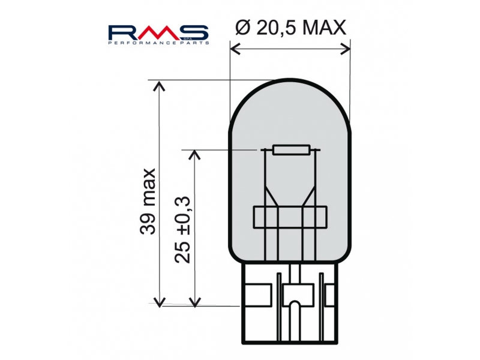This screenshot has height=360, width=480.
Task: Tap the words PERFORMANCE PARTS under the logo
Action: point(158,43)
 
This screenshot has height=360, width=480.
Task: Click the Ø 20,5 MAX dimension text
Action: point(290,28)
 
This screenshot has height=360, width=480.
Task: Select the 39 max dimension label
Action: point(148,201)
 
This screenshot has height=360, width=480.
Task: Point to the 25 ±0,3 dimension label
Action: point(182,230)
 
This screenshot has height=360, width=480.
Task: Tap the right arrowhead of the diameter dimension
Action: point(345,49)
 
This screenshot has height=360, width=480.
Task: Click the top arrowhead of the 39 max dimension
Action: point(159,86)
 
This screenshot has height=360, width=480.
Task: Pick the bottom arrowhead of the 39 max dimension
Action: point(159,302)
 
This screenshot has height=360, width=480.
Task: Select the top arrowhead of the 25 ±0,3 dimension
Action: point(194,155)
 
